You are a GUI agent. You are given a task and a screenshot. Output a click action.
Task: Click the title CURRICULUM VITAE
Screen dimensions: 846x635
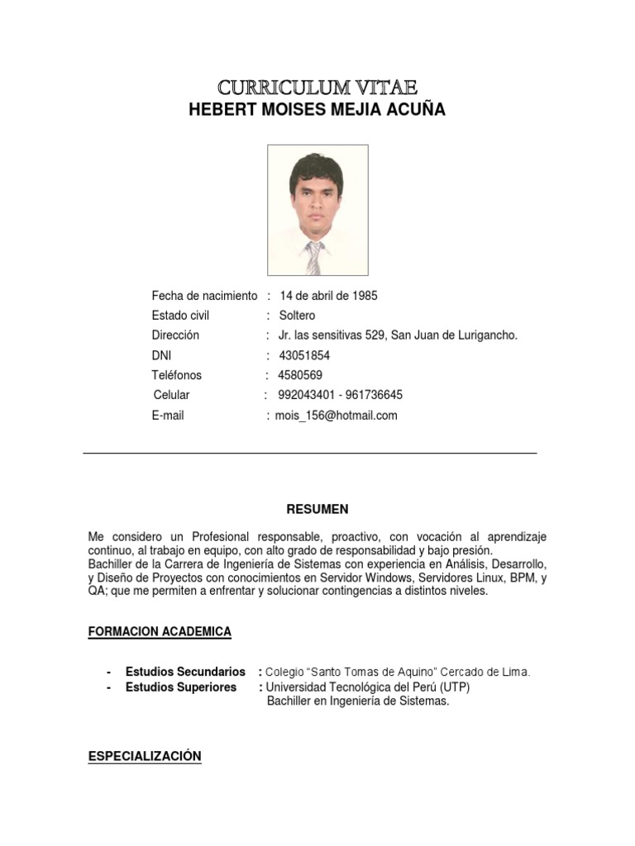[317, 87]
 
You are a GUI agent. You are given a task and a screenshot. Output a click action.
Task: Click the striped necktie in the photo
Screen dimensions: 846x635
[313, 258]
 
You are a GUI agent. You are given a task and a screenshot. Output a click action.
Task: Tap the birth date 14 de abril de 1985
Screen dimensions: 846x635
[328, 296]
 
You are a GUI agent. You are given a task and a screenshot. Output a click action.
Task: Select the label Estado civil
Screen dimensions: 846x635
[180, 316]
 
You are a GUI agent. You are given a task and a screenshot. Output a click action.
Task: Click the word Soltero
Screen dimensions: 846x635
[297, 316]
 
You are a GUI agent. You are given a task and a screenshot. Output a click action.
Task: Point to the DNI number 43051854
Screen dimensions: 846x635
[305, 355]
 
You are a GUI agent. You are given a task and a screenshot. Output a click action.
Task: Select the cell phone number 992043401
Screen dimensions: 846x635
[307, 395]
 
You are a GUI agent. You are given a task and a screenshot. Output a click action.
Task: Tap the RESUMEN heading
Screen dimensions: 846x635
[317, 509]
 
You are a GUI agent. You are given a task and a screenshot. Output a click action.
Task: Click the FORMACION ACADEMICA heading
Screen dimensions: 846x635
[160, 632]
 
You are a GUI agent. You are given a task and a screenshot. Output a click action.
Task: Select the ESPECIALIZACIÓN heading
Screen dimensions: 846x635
[145, 756]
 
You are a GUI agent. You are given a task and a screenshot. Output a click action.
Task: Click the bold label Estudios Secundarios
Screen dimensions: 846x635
[185, 672]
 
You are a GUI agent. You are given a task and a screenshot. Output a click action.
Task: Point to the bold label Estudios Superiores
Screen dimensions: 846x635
[181, 687]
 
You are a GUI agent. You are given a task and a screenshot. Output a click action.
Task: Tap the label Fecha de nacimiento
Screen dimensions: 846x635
[204, 296]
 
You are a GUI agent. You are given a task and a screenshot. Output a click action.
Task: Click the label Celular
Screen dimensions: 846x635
[171, 395]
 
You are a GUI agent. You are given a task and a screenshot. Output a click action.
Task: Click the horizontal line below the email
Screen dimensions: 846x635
[310, 454]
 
